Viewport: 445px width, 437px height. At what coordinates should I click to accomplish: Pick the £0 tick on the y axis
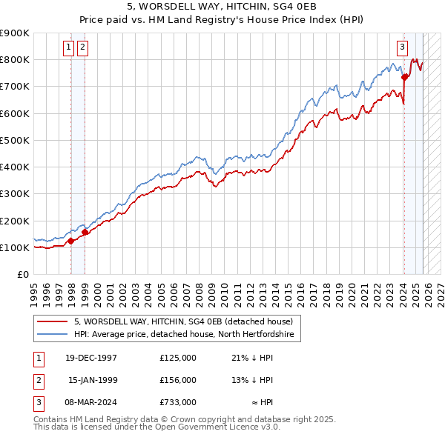(23, 274)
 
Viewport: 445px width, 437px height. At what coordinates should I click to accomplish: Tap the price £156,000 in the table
(178, 380)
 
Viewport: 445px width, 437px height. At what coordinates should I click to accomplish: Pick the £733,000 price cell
(178, 403)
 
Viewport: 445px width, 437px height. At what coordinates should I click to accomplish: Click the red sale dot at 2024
(404, 76)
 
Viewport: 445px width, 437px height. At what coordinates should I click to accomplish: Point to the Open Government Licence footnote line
(156, 427)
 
